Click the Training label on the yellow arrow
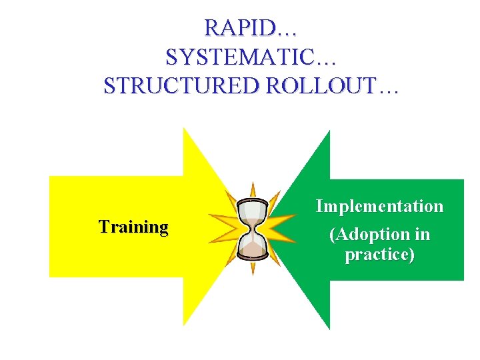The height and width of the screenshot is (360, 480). (x=133, y=227)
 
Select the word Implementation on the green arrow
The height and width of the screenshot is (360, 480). (x=379, y=206)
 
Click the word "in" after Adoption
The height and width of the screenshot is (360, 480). (x=422, y=235)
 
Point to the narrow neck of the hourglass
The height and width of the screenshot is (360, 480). (x=253, y=229)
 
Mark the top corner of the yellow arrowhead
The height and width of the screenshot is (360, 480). (x=185, y=129)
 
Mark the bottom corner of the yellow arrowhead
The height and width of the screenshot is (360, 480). (x=185, y=325)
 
